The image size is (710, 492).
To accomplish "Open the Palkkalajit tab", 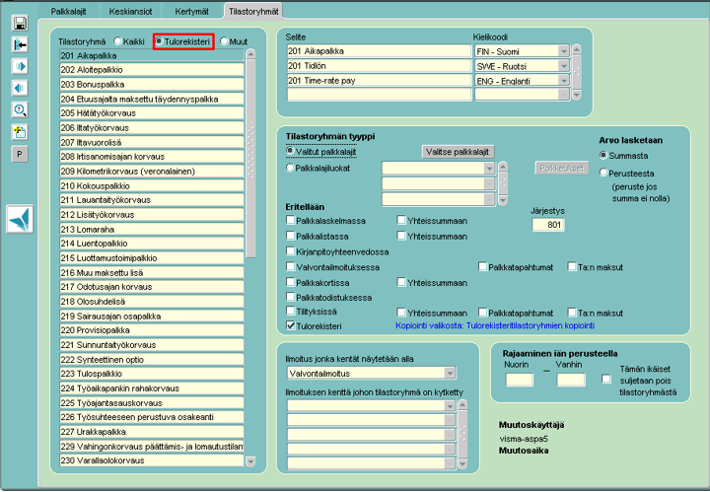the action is (x=68, y=11).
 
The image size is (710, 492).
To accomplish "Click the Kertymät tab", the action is (x=191, y=11).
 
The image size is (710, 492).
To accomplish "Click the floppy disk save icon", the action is (x=20, y=23).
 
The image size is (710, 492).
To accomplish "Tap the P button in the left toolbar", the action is (x=20, y=155).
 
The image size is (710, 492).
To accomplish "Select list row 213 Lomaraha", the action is (x=152, y=229).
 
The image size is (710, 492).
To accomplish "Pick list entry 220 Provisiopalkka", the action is (x=152, y=330).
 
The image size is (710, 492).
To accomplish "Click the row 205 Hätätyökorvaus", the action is (x=152, y=113).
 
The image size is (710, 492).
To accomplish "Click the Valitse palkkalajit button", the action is (x=458, y=152).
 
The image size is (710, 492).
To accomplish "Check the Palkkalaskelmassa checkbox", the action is (x=291, y=220).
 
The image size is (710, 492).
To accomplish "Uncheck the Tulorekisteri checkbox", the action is (x=291, y=325).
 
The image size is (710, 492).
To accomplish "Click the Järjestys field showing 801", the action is (x=548, y=225).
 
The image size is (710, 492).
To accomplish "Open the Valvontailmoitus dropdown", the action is (x=372, y=374).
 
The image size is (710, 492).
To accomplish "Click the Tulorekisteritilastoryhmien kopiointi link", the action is (x=531, y=326).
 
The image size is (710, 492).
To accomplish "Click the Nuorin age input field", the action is (x=519, y=380).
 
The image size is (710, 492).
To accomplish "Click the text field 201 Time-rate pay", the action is (x=379, y=80).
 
